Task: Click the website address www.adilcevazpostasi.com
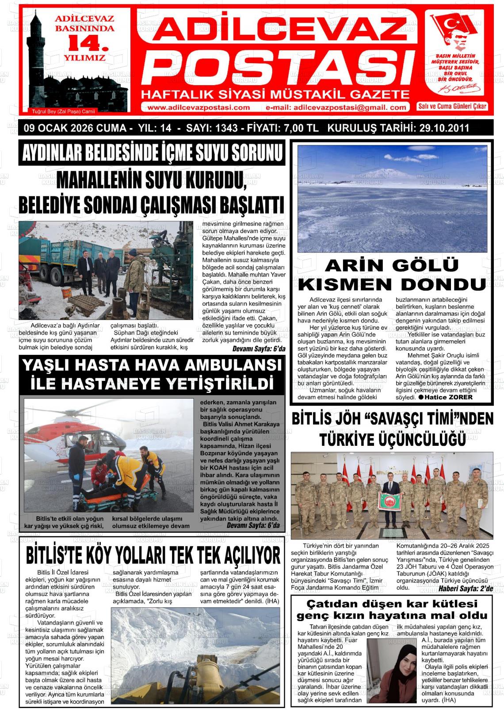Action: click(198, 107)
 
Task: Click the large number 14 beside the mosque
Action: click(87, 43)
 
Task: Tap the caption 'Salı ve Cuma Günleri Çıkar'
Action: click(452, 106)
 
